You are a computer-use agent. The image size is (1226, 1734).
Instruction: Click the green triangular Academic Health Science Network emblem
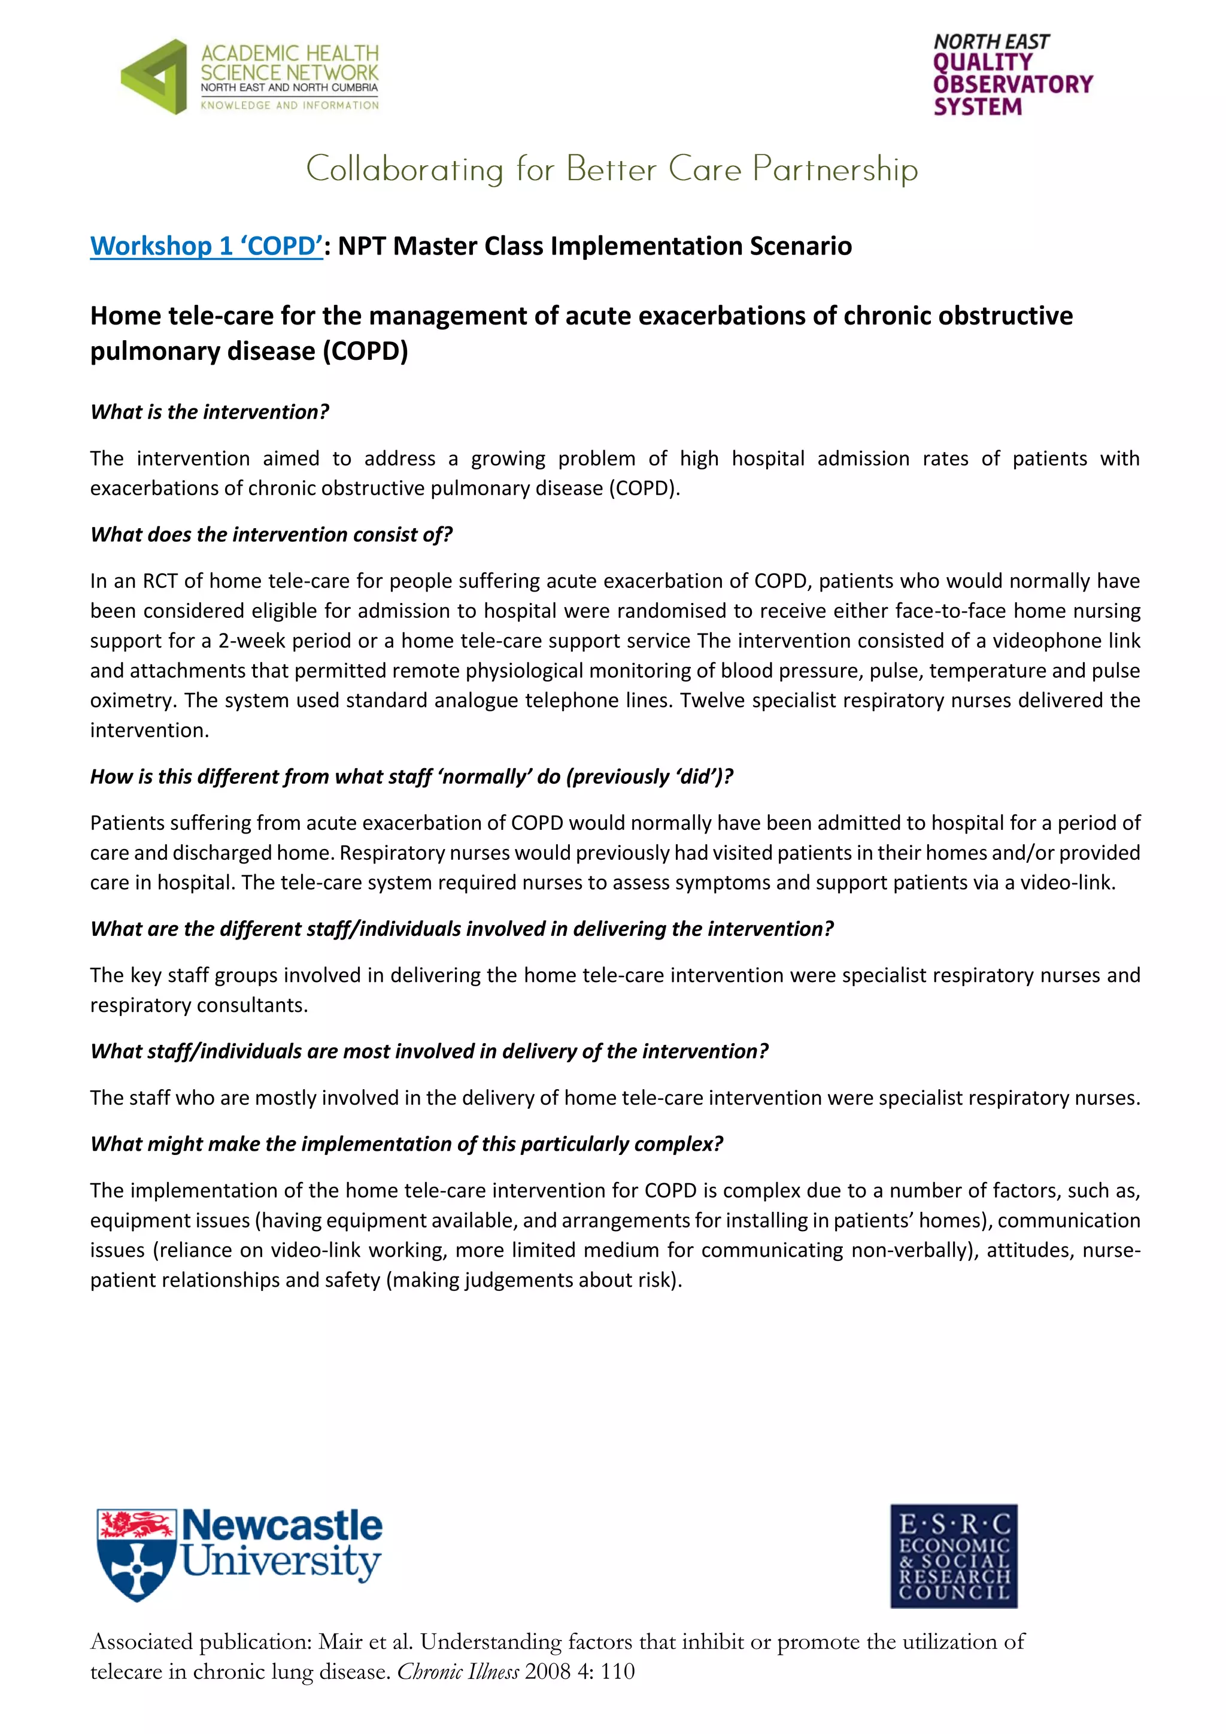(155, 77)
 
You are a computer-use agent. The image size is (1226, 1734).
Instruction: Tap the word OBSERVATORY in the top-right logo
(1012, 84)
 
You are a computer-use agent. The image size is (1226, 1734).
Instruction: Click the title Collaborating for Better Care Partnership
(611, 169)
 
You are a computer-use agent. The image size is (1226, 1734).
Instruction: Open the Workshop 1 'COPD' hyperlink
(206, 246)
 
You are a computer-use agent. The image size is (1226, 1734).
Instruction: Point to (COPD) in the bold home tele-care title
(365, 351)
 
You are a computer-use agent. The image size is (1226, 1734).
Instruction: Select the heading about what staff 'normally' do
(411, 777)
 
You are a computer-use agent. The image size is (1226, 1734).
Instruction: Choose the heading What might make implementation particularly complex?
(406, 1144)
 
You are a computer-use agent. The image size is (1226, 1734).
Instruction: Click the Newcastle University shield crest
(136, 1554)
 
